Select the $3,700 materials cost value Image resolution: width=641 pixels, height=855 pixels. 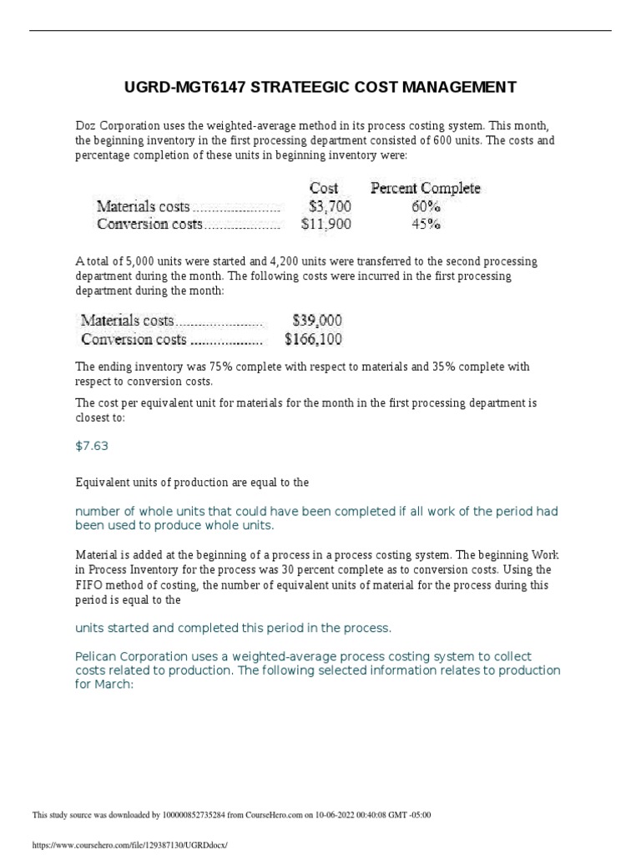[330, 205]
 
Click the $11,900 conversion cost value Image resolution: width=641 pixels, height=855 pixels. [326, 224]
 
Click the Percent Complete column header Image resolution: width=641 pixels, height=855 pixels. [425, 188]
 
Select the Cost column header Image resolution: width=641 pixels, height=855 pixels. [324, 188]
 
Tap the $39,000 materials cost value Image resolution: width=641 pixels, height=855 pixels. [317, 321]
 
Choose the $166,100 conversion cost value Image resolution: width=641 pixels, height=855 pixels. [313, 339]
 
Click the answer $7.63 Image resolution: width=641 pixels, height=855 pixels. [92, 446]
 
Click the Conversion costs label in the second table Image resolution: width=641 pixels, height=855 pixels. [134, 339]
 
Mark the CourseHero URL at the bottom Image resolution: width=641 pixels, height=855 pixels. [129, 845]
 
